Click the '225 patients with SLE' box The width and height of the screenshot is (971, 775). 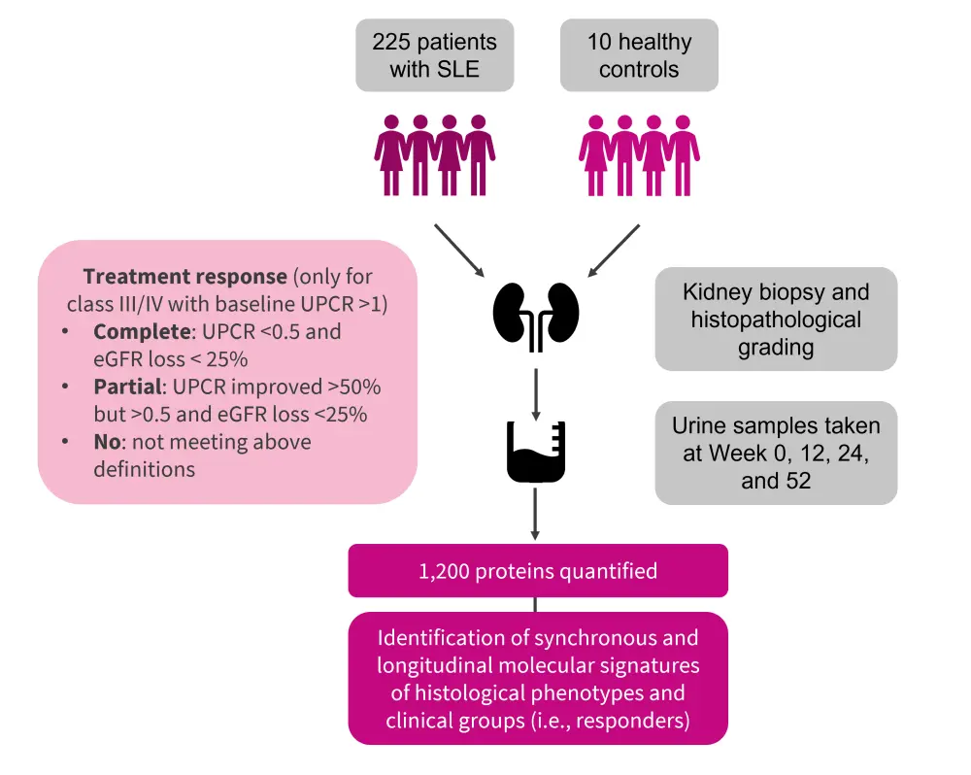pyautogui.click(x=434, y=55)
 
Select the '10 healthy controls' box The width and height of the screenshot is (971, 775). pyautogui.click(x=639, y=55)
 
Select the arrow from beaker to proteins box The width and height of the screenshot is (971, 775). pyautogui.click(x=535, y=515)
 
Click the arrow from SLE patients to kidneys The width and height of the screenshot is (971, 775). pyautogui.click(x=461, y=251)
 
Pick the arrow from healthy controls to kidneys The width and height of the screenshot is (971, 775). pyautogui.click(x=613, y=251)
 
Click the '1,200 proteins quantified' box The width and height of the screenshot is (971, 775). pyautogui.click(x=538, y=570)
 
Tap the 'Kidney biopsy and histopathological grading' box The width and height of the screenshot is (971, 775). pyautogui.click(x=776, y=320)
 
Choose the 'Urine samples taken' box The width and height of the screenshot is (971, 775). pyautogui.click(x=776, y=453)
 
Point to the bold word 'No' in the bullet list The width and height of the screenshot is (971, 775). pyautogui.click(x=107, y=442)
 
